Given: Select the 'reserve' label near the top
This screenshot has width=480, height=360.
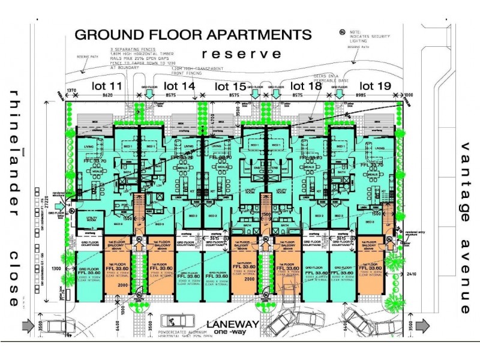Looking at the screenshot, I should point(241,54).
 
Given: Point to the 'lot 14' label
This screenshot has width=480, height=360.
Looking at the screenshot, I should point(179,86).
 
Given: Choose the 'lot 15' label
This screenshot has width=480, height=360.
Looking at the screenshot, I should point(231,86).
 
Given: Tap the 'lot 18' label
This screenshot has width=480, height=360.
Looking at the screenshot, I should point(307,86).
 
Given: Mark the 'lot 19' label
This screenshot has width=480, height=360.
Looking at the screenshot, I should point(376,86).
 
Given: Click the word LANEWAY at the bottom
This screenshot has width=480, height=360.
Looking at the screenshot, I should point(232,324).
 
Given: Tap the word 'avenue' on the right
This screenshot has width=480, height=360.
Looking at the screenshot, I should point(465,277).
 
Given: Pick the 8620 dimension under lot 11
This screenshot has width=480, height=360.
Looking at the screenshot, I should point(107,95).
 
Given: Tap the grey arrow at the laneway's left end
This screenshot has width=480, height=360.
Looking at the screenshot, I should point(28,326).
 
